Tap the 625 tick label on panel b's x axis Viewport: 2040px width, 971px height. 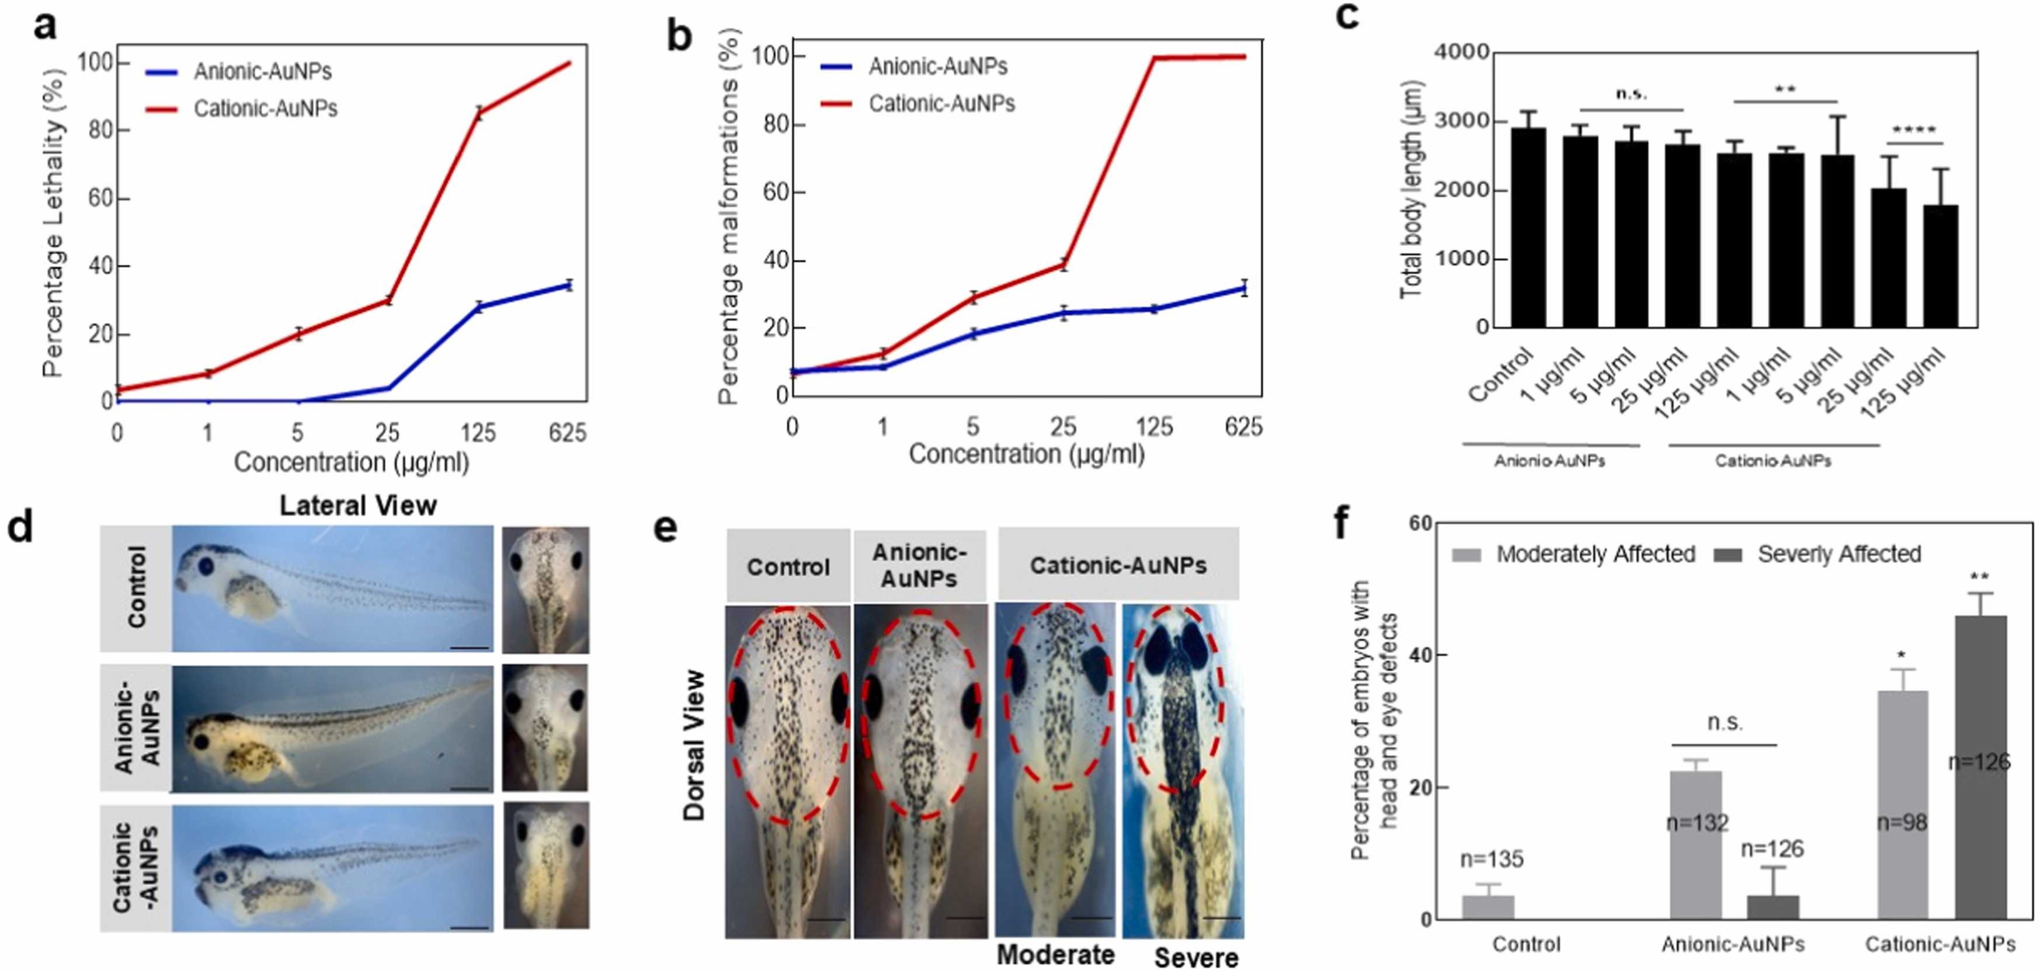pos(1243,427)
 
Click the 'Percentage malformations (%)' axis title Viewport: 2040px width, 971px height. pos(729,218)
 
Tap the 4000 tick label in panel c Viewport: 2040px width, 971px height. pos(1462,53)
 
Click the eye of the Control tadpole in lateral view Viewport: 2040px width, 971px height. pos(207,566)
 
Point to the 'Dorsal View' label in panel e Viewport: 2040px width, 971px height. pos(694,744)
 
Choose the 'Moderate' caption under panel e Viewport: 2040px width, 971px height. pos(1055,955)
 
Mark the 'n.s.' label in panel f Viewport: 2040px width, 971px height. pos(1724,722)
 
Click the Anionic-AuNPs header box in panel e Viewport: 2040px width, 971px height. pos(919,566)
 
